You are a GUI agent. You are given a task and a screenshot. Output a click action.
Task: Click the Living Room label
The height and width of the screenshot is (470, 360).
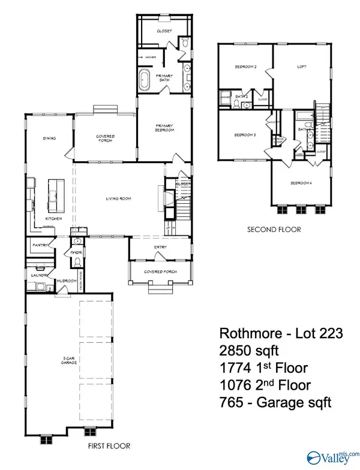coord(119,198)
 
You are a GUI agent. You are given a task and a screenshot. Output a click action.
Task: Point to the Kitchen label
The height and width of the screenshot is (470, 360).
coord(54,218)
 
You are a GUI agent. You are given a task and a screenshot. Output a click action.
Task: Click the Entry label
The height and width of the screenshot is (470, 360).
coord(160,247)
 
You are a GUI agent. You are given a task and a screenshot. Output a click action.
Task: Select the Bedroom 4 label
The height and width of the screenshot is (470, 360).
coord(301,182)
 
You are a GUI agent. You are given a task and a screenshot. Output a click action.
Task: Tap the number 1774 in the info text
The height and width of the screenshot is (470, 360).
coord(231,367)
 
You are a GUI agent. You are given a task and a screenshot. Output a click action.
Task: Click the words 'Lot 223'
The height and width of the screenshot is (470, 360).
coord(320,333)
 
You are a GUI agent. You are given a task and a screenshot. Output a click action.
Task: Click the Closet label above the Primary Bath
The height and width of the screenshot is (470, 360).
coord(164,31)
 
